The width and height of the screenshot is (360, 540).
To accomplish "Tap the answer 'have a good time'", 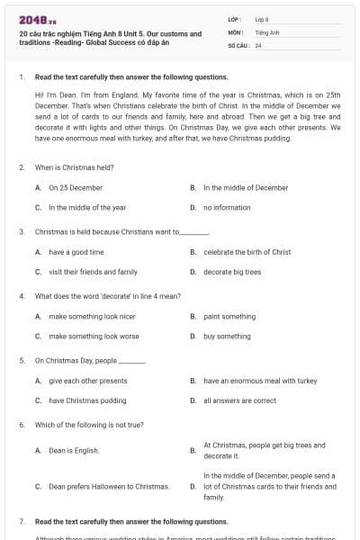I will coord(76,252).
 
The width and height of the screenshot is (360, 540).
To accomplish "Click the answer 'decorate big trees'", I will coord(232,271).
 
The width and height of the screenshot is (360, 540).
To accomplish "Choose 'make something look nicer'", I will coord(93,317).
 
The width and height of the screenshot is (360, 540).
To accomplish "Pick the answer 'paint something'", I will coord(229,317).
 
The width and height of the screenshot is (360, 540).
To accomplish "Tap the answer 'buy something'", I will coord(227,336).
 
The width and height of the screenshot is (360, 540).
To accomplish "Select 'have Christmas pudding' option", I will coord(87,400).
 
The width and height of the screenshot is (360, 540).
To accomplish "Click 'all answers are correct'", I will coord(239,400).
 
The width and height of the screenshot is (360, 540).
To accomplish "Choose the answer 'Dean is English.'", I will coord(74,450).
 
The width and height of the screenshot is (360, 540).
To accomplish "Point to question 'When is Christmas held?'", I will coord(74,166).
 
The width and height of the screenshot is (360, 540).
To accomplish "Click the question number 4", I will coord(21,295).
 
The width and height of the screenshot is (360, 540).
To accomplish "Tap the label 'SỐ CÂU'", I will coord(237,44).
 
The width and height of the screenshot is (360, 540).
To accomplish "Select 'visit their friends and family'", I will coord(93,271).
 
